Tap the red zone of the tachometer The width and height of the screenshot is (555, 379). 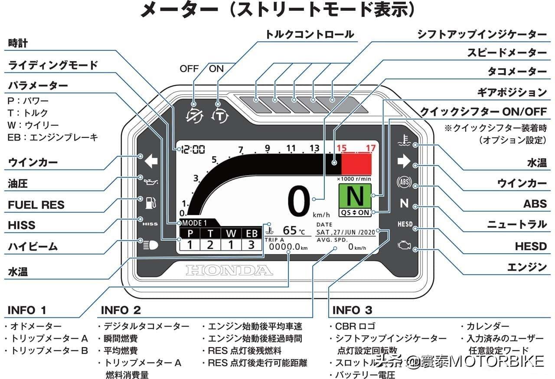[x=356, y=164]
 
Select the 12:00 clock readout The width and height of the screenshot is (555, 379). [x=193, y=150]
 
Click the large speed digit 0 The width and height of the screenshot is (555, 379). [x=299, y=202]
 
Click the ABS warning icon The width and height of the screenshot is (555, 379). [x=404, y=183]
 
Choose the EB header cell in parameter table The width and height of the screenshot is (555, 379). [x=251, y=233]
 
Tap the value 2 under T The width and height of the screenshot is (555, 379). [x=210, y=245]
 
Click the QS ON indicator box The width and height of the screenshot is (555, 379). [x=355, y=212]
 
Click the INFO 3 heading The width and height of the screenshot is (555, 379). [x=352, y=310]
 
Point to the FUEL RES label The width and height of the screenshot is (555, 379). [x=36, y=205]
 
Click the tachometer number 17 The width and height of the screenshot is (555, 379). [x=370, y=149]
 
